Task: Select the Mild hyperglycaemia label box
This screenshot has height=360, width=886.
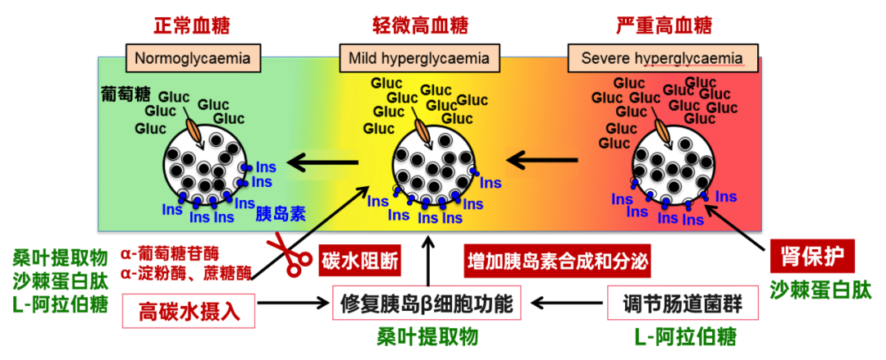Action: [418, 58]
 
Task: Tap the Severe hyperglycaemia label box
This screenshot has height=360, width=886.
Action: [661, 58]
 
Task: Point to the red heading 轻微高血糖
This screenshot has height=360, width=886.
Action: [418, 25]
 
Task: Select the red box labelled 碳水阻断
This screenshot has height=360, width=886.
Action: [360, 260]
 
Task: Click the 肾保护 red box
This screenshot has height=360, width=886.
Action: [811, 255]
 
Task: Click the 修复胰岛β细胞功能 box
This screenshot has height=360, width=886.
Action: [427, 304]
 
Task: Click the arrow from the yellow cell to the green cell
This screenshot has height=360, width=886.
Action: [327, 162]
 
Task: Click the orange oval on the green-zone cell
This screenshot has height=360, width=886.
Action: [194, 128]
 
